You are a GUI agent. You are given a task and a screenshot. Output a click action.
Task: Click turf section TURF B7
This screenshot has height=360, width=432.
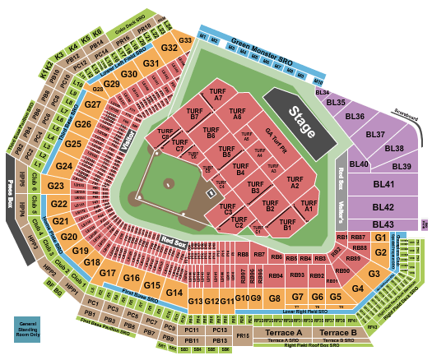194,114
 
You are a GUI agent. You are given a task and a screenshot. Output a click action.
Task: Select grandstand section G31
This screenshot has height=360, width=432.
151,63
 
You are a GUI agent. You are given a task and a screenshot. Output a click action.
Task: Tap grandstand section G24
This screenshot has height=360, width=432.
65,167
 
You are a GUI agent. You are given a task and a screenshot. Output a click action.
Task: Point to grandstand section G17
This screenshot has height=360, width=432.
109,272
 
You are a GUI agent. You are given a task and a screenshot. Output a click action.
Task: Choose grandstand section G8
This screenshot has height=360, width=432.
275,297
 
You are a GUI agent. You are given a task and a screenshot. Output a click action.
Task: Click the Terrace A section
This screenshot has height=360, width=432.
282,333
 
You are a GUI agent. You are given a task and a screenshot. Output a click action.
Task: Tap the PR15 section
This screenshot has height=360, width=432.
242,336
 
